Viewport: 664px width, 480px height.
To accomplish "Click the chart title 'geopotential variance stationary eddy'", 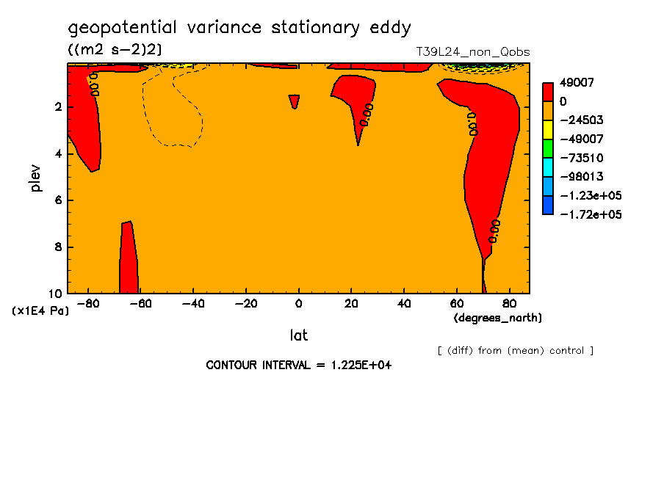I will (239, 28).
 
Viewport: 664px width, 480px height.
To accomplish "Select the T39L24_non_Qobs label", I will (472, 52).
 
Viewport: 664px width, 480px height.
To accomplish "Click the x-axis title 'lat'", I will (298, 335).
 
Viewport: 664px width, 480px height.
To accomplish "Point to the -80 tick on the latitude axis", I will (88, 303).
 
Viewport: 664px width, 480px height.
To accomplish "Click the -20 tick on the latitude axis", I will (245, 303).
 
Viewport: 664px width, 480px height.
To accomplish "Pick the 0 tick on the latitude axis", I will (298, 303).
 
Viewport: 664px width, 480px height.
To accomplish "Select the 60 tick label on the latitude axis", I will (455, 303).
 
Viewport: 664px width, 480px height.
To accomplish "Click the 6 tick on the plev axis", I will (58, 200).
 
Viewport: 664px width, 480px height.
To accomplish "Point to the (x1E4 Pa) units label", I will (40, 311).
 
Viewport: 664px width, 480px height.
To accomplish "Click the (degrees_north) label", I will (497, 317).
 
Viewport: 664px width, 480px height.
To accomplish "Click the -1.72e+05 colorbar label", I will (591, 214).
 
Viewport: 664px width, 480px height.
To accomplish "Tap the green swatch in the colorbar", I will (548, 148).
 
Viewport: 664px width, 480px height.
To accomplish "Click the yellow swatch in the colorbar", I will (548, 129).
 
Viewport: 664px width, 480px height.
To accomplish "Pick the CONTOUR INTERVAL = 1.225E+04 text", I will (298, 365).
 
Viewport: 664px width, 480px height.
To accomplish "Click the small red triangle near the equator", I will (295, 101).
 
